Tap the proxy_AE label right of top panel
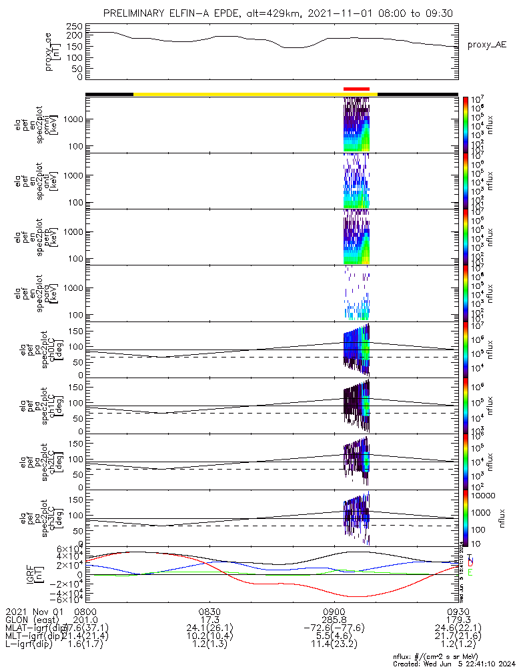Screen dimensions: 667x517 tap(487, 45)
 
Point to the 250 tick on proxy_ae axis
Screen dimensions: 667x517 tap(75, 26)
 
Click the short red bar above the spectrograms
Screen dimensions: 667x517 tap(356, 89)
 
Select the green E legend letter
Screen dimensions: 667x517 tap(470, 572)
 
